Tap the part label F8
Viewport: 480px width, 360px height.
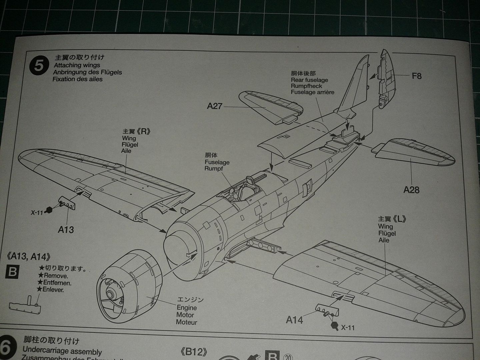point(417,76)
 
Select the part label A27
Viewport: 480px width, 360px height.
point(214,106)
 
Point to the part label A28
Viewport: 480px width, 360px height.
point(411,190)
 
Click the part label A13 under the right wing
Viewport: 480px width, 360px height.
point(66,230)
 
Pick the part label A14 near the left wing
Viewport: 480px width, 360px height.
point(295,320)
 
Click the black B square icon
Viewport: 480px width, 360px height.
point(13,272)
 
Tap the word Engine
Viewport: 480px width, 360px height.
point(187,308)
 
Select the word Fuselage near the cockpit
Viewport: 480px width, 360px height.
point(217,162)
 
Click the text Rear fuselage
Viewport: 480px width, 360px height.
point(309,80)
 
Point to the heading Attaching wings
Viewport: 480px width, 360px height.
point(77,65)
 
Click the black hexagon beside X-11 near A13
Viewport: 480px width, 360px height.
point(49,210)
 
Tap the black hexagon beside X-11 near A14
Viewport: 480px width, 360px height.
point(334,326)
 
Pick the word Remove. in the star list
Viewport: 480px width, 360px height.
point(56,276)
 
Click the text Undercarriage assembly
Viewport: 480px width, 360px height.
point(62,351)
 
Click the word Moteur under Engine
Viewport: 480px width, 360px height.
point(187,322)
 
